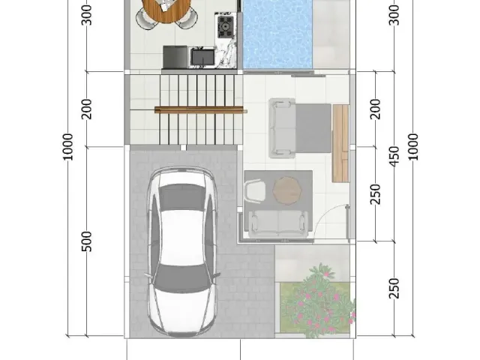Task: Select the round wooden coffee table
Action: point(286,190)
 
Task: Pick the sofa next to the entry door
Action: point(279,221)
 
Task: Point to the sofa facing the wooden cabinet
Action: point(284,128)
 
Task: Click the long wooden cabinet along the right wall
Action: point(340,143)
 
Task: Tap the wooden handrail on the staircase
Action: point(200,110)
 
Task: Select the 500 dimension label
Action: point(87,241)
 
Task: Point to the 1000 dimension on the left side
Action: point(68,146)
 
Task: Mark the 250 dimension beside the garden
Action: point(393,286)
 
